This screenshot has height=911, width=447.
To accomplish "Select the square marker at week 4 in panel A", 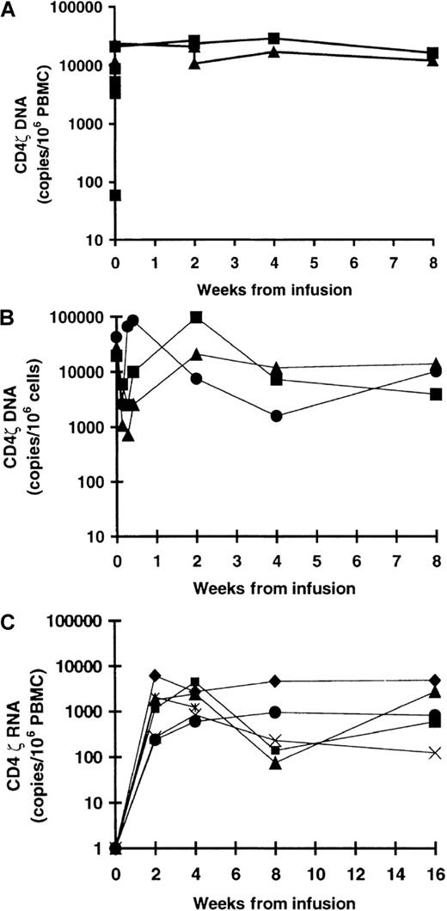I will point(274,39).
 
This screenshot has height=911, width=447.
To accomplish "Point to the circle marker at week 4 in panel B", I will point(276,416).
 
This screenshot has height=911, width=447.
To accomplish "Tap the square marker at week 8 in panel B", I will point(436,394).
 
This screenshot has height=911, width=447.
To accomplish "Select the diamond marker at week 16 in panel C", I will point(435,681).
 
